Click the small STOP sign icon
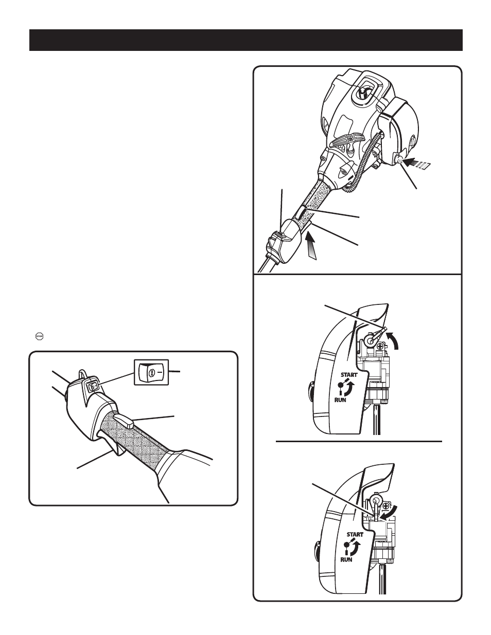[40, 336]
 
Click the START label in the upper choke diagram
[349, 375]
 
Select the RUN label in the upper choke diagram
[340, 400]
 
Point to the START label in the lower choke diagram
[355, 534]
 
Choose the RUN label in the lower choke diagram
[346, 559]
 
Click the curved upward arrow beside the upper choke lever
[393, 341]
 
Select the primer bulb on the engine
[399, 159]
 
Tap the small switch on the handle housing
[92, 386]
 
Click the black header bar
[246, 40]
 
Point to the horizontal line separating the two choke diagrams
[359, 441]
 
